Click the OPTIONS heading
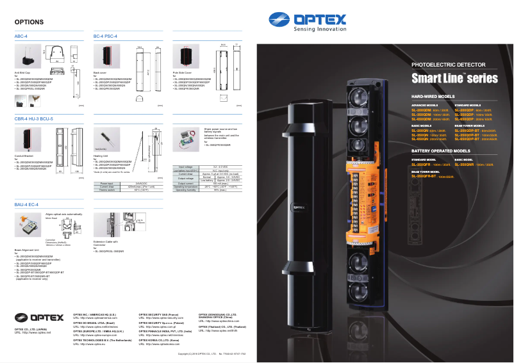[x=29, y=22]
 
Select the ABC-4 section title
[x=21, y=36]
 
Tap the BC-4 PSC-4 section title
[x=105, y=36]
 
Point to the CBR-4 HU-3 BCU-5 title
[x=34, y=119]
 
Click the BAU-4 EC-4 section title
[x=27, y=204]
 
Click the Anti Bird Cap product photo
[x=29, y=61]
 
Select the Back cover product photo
[x=104, y=61]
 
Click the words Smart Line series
[x=454, y=79]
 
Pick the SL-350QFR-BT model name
[x=426, y=176]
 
